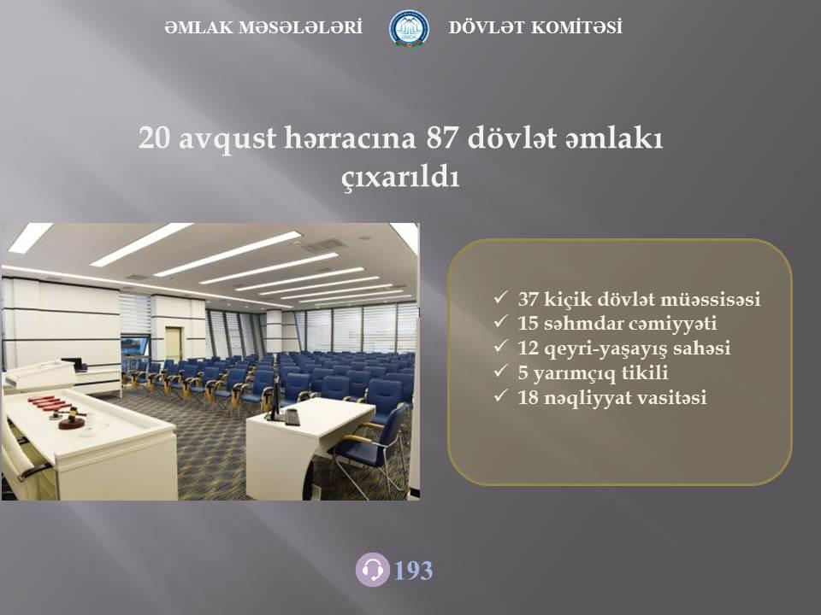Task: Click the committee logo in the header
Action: coord(409,28)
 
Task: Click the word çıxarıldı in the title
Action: coord(400,178)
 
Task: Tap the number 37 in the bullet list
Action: coord(529,299)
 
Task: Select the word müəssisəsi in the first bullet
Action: coord(711,299)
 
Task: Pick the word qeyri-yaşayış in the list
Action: coord(605,348)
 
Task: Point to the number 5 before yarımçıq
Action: coord(523,373)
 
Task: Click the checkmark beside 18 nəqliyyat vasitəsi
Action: coord(500,395)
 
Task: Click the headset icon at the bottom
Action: coord(372,570)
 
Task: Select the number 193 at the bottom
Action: coord(413,571)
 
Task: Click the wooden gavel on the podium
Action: coord(70,417)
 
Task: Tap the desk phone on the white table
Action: coord(292,417)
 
